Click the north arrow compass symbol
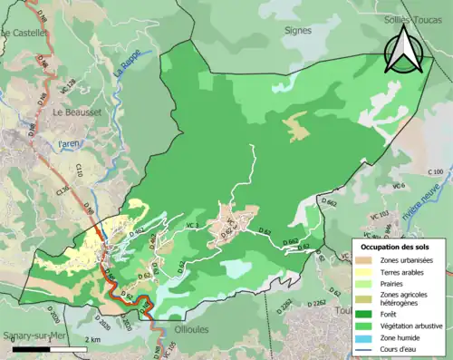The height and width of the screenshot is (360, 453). click(405, 51)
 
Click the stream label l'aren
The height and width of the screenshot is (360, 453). click(70, 144)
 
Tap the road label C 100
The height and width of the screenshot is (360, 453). click(435, 172)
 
